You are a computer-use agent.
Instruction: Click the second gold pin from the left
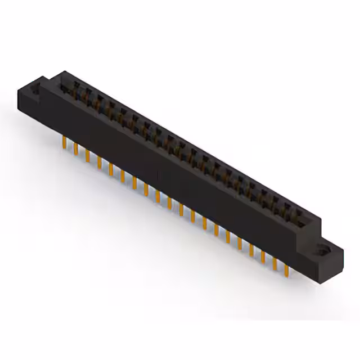point(75,148)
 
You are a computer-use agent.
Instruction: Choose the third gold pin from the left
point(87,156)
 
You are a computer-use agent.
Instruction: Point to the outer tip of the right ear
point(341,247)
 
